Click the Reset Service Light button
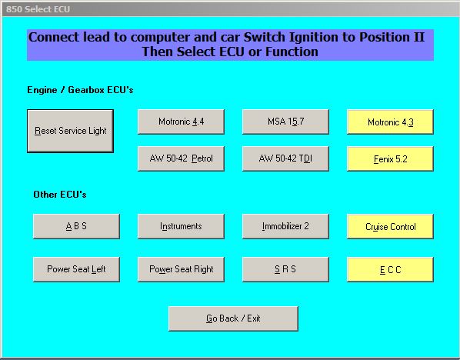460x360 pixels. click(x=71, y=131)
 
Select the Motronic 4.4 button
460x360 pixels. click(x=181, y=122)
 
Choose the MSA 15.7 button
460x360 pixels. click(x=285, y=122)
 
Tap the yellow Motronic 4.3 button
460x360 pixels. click(x=390, y=122)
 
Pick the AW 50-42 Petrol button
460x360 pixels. click(x=181, y=158)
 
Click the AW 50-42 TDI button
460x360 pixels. click(x=285, y=158)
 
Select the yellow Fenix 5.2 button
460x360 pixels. click(x=390, y=159)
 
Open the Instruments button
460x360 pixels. click(x=181, y=226)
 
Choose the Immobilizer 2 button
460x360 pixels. click(x=285, y=226)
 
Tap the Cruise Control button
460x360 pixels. click(x=390, y=226)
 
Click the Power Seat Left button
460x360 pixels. click(x=76, y=269)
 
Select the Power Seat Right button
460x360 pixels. click(x=181, y=269)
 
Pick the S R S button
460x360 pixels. click(x=285, y=269)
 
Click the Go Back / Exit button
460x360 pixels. click(x=233, y=318)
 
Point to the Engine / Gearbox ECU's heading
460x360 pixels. click(x=80, y=90)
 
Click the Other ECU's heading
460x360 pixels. click(x=60, y=194)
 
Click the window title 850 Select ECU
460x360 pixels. click(x=38, y=9)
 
